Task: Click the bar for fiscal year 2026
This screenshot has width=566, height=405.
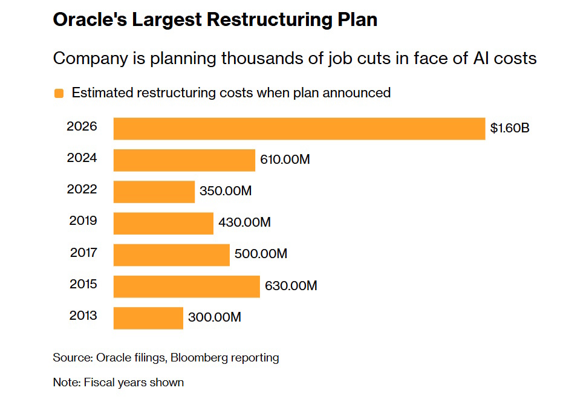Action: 299,129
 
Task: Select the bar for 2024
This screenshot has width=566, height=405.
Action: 184,160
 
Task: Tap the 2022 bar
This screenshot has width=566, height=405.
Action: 154,192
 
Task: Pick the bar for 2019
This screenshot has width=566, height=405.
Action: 163,223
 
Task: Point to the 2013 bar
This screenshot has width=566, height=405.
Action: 148,317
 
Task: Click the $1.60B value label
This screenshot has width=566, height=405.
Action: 510,128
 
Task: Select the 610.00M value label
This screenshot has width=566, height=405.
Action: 285,160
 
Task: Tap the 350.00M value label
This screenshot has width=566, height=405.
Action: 225,191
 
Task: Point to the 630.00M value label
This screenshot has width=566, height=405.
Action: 291,285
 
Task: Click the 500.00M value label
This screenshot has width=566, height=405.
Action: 261,254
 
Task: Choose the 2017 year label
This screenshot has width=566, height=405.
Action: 82,252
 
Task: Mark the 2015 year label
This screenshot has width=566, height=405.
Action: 82,283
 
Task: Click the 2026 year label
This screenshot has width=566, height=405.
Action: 82,127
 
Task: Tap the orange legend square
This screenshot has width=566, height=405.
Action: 59,93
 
